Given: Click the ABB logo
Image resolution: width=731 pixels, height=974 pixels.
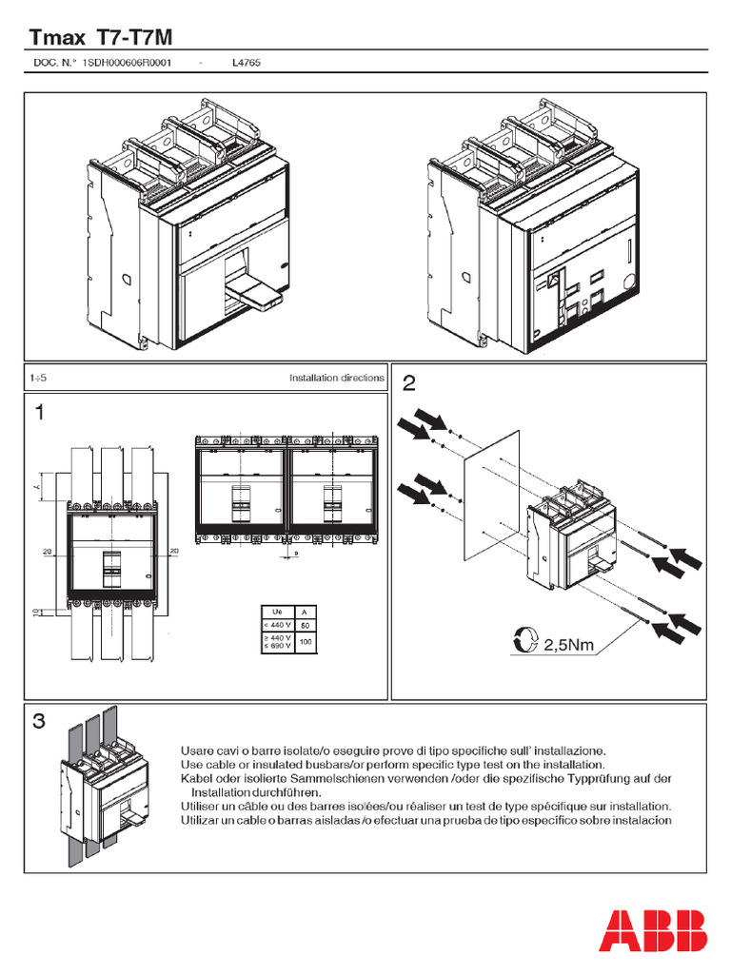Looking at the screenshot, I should pos(653,930).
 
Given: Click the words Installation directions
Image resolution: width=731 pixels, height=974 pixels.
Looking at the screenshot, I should pos(337,378).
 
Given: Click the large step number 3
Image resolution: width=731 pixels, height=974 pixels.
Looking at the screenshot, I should pos(39,722).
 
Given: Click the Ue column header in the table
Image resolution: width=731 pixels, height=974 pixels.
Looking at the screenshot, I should pos(277,612).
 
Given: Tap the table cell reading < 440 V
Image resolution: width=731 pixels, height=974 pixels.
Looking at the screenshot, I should pos(278,625).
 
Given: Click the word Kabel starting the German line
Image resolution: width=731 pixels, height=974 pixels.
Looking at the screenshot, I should pos(196,778).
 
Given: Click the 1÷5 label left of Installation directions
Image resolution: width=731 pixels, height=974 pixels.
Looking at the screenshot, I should pos(39,378).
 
